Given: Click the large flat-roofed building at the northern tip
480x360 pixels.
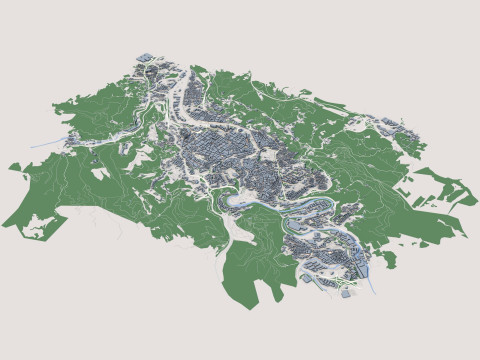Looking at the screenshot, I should click(x=146, y=57).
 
